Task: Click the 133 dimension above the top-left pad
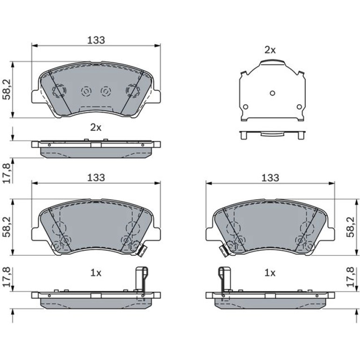point(96,40)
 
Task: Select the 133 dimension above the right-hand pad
point(270,178)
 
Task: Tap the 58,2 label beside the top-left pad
point(7,90)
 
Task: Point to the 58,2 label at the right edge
point(351,227)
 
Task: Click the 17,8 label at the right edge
point(351,277)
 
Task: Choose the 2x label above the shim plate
point(270,50)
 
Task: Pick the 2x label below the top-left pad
point(96,128)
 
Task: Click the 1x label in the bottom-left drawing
point(96,273)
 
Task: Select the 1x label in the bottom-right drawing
point(270,273)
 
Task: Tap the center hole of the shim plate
point(272,93)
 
